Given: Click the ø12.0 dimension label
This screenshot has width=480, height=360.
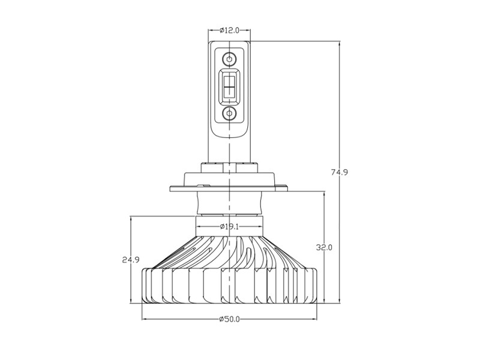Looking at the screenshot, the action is coord(229,30).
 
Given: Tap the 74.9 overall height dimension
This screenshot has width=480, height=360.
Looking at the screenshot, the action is coord(339,172).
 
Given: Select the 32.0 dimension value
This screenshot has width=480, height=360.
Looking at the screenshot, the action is coord(324,247).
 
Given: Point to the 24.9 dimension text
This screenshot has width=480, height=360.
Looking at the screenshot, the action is coord(131,260).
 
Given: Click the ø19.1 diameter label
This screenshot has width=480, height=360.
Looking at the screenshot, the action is coord(229,226).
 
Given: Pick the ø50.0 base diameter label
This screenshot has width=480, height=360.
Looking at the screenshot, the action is coord(230,319).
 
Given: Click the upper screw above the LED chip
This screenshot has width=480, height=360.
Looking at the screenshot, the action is coord(229,58).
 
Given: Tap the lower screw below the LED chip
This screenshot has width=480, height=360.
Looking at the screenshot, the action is coord(229,113).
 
